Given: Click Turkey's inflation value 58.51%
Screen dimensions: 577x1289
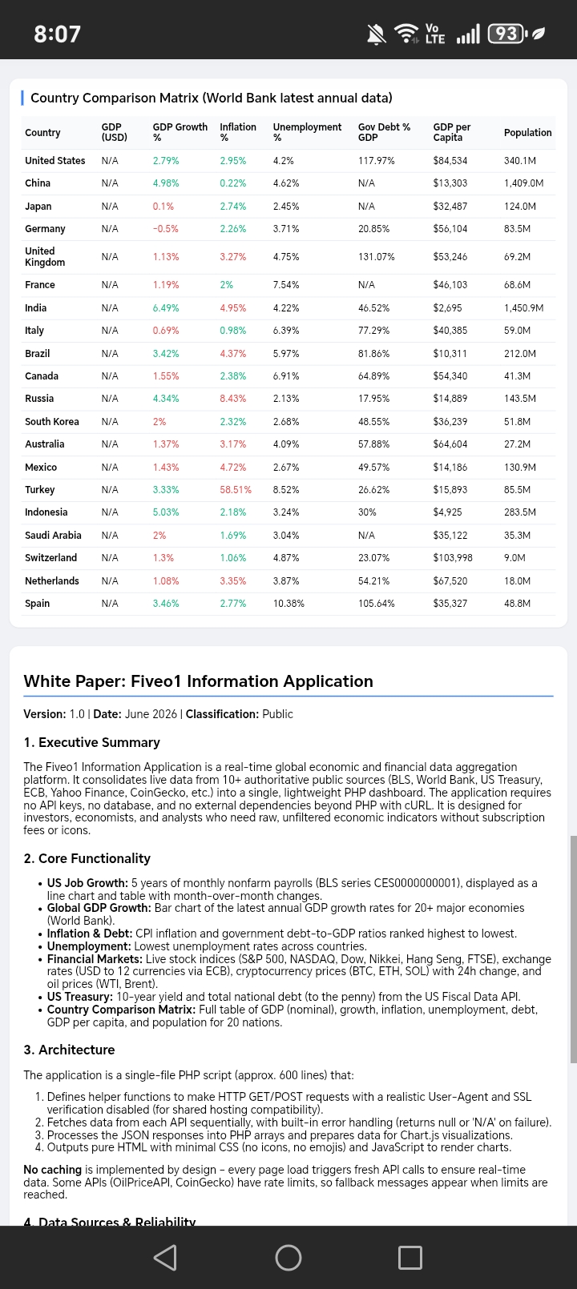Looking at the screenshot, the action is [236, 490].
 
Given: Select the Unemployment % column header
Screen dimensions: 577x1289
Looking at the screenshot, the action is [307, 132].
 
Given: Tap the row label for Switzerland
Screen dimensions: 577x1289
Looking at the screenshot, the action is [50, 557].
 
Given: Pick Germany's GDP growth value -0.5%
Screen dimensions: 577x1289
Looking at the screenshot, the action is [165, 228].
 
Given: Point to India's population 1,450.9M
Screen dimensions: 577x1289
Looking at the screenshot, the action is [523, 308].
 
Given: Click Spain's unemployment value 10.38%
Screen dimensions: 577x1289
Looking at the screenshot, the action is [288, 603].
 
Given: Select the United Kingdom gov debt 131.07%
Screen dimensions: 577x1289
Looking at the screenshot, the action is [376, 257].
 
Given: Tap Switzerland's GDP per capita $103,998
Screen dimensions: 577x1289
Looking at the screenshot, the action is [453, 557].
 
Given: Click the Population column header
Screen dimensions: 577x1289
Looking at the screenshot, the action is [527, 132].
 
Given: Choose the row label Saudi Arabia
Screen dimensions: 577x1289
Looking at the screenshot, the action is [53, 535].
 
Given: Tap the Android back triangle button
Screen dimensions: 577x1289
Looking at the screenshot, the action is [165, 1257].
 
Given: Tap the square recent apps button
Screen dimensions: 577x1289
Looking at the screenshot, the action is [410, 1257].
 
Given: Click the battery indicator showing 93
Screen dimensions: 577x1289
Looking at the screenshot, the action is [507, 34].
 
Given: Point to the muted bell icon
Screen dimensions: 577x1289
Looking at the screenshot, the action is [376, 34].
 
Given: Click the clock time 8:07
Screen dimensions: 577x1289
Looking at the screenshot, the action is [57, 34].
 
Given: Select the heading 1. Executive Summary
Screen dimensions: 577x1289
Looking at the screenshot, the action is [91, 742].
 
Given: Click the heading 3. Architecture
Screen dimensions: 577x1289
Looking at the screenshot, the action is [69, 1050].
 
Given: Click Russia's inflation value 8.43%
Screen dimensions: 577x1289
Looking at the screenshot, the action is [232, 398].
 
